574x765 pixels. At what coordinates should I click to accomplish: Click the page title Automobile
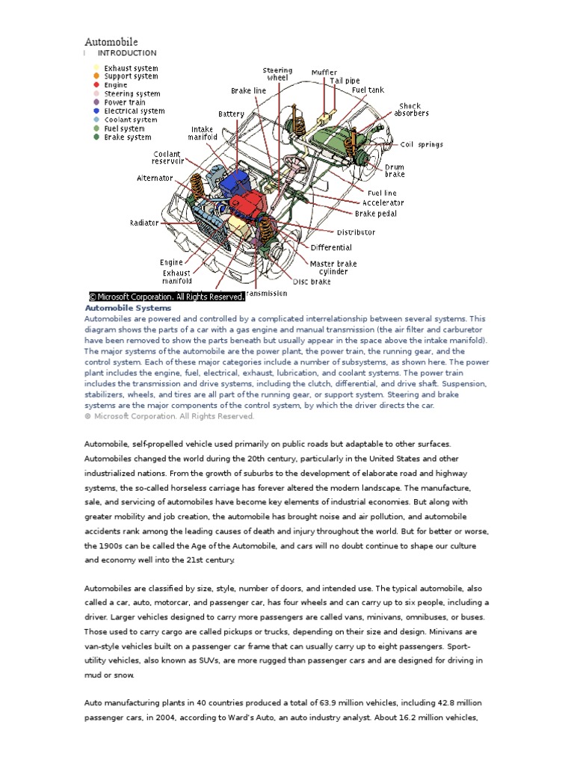tap(111, 42)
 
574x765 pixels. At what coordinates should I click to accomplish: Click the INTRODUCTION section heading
tap(127, 53)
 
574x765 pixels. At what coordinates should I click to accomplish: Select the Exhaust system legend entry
tap(131, 68)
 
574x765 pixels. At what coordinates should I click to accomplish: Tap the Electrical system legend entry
tap(135, 111)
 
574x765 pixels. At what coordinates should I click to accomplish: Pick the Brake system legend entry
tap(127, 137)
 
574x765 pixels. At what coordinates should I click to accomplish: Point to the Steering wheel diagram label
tap(277, 74)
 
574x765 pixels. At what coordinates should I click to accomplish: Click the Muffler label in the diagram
tap(324, 72)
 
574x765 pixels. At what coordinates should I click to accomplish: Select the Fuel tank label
tap(368, 90)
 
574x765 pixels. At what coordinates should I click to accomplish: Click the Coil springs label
tap(422, 145)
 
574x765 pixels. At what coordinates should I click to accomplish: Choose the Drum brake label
tap(395, 171)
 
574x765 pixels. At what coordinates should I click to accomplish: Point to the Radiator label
tap(144, 223)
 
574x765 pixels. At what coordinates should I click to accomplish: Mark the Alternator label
tap(155, 179)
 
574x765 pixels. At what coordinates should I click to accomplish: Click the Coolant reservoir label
tap(167, 158)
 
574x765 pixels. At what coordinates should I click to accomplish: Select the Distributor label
tap(356, 232)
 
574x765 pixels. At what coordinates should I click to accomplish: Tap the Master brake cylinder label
tap(333, 267)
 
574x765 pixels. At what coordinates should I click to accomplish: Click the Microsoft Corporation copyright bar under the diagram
tap(167, 297)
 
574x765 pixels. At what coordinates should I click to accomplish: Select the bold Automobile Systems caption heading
tap(128, 308)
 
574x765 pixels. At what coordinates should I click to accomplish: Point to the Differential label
tap(331, 247)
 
